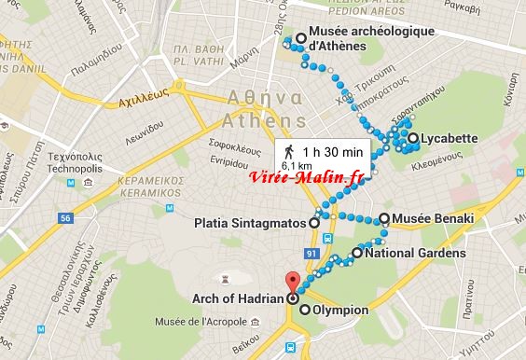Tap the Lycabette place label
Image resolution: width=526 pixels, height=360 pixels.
coord(450,140)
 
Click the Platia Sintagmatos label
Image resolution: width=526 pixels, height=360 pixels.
coord(249,223)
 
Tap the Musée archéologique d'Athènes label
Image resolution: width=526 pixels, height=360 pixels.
coord(358,39)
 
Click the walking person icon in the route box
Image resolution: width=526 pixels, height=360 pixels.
coord(288,151)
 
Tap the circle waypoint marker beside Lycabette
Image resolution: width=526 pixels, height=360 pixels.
coord(411,140)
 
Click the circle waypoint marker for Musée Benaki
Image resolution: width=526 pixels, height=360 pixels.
coord(384,218)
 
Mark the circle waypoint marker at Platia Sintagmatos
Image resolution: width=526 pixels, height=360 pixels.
coord(313,223)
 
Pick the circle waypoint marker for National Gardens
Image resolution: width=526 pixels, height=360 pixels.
coord(356,253)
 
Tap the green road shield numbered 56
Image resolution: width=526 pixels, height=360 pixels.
coord(64,218)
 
